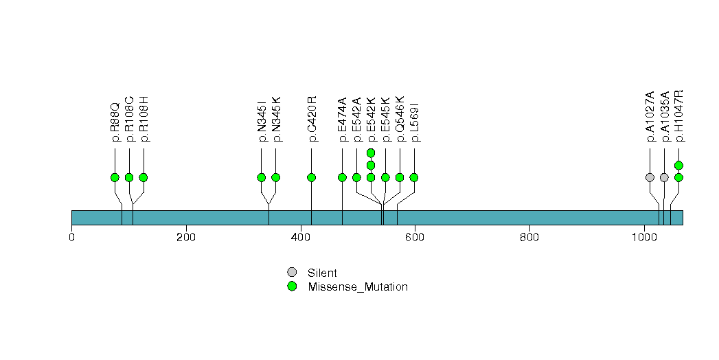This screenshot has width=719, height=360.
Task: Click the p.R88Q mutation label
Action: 115,123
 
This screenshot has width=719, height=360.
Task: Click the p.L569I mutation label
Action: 414,123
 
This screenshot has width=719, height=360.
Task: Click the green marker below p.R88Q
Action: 115,177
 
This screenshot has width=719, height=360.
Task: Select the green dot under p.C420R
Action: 312,177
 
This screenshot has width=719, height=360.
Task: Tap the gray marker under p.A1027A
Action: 650,177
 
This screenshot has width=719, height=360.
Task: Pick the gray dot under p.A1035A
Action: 664,177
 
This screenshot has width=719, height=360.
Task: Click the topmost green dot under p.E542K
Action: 371,153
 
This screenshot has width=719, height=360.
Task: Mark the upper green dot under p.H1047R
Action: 678,165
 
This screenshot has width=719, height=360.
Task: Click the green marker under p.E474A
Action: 342,177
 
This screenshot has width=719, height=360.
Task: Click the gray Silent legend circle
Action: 292,273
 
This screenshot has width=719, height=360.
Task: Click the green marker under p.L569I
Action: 414,177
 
